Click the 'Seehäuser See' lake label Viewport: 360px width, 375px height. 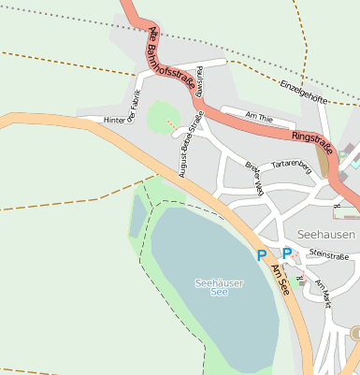point(211,286)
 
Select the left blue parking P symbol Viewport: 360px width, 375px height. point(262,254)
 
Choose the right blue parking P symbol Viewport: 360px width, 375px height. point(287,253)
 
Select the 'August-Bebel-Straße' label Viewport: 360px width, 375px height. point(191,144)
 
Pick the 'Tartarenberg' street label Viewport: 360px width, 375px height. point(290,165)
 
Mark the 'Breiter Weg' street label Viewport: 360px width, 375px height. point(253,179)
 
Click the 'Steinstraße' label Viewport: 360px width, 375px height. point(327,253)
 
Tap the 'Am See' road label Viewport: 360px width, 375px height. point(281,281)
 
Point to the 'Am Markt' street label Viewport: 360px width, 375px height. point(324,294)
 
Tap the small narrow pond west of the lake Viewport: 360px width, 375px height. point(137,215)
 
